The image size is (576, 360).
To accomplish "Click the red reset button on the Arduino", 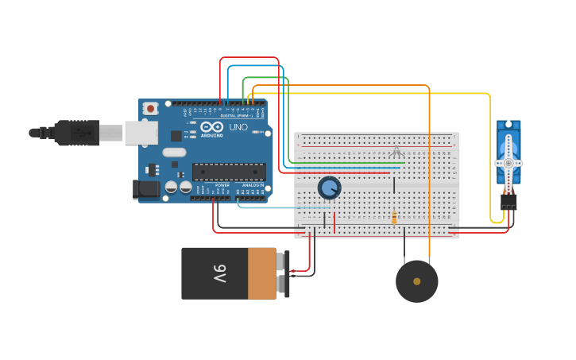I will click(150, 108).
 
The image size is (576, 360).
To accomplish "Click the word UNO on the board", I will click(238, 127).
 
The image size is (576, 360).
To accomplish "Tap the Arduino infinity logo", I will click(212, 126).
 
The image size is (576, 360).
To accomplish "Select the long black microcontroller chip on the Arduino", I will click(229, 171).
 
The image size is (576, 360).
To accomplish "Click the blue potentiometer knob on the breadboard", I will click(329, 188).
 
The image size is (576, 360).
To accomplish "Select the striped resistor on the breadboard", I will click(394, 218).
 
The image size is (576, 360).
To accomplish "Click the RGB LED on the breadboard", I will click(396, 151).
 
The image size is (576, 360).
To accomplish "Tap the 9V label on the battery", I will click(220, 273).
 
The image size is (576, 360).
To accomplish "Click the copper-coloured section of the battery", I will click(261, 273).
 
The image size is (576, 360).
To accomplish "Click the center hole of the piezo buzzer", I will click(416, 281).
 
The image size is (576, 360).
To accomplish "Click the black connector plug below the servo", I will click(508, 203).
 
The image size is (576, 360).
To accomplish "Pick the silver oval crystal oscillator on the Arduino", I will click(176, 152).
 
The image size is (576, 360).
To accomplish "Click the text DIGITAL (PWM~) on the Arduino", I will click(239, 115).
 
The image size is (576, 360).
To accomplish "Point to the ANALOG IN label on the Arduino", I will click(253, 184).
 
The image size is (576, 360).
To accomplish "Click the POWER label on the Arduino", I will click(222, 184).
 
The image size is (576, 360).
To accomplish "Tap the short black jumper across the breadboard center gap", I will click(394, 185).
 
